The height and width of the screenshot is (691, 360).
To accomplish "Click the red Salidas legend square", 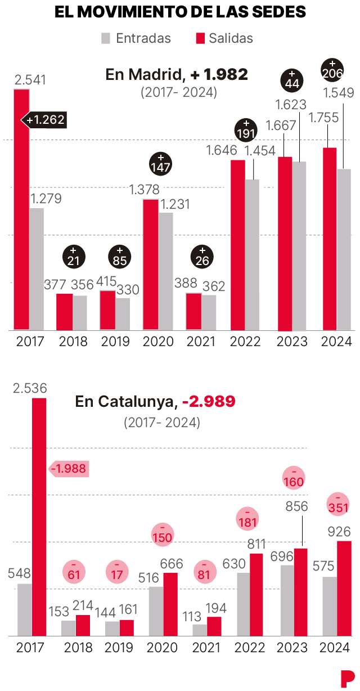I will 199,38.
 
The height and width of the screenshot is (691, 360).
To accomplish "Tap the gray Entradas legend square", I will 106,38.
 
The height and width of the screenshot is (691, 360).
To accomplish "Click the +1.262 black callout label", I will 44,120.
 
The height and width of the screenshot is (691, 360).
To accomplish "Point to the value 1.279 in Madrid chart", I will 46,199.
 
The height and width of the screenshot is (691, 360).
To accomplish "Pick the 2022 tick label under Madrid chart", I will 245,342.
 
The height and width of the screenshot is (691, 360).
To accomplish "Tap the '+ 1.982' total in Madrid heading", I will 218,74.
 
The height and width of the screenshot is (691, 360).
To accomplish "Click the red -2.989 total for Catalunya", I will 208,402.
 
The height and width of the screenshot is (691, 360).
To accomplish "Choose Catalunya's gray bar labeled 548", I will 25,609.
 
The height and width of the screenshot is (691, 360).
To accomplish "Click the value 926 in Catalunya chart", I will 339,532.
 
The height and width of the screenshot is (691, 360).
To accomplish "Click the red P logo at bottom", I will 347,678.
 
